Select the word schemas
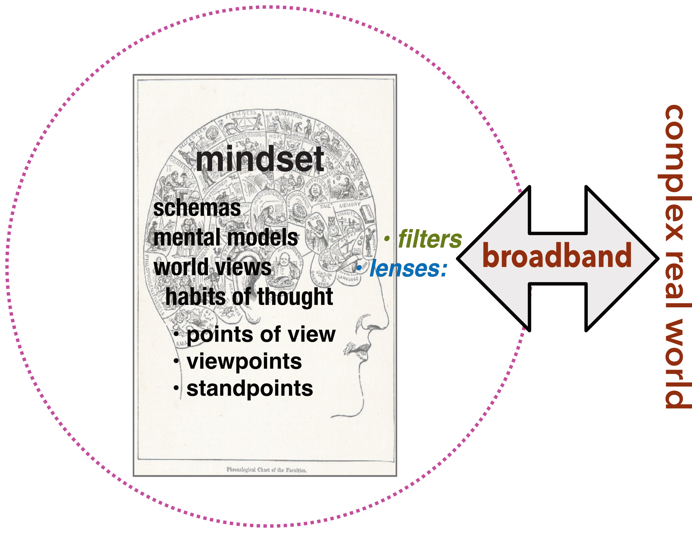[x=197, y=208]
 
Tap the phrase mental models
[x=226, y=238]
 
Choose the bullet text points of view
[x=261, y=334]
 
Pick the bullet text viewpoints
[x=244, y=361]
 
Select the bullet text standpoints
[x=250, y=388]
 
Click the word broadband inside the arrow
[x=557, y=256]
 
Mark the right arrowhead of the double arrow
[x=630, y=259]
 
